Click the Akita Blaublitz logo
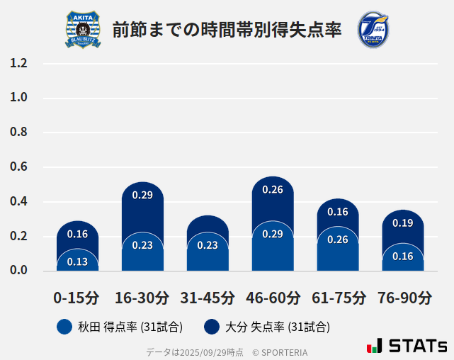click(x=83, y=30)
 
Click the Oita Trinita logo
click(x=373, y=30)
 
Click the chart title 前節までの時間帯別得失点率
click(x=227, y=30)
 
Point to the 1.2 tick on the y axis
click(x=18, y=63)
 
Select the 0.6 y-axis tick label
click(x=18, y=167)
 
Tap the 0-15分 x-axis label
click(x=76, y=298)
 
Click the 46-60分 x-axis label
click(x=273, y=298)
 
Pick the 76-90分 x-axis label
click(x=404, y=298)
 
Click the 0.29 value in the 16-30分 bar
click(x=142, y=195)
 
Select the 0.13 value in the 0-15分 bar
click(x=77, y=261)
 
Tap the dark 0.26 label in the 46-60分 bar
click(x=273, y=189)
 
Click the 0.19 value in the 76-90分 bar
click(x=403, y=223)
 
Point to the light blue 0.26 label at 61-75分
click(x=338, y=240)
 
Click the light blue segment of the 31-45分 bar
click(x=208, y=255)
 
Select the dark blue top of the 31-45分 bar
click(x=208, y=223)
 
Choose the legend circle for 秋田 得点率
click(x=64, y=327)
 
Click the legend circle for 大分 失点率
click(x=211, y=327)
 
